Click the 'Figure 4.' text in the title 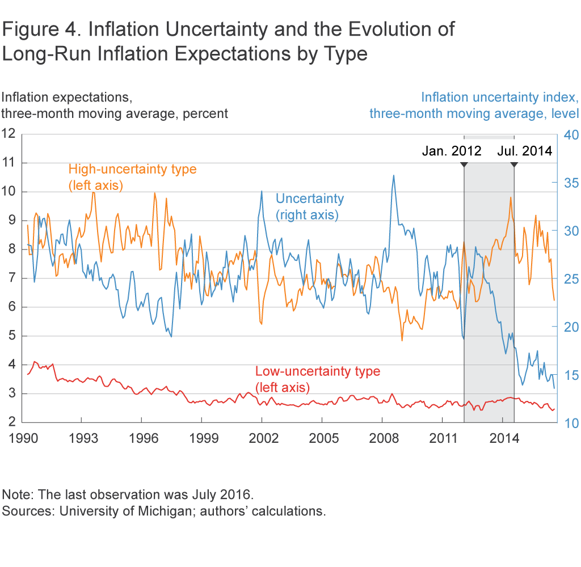[x=39, y=29]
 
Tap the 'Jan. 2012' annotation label [x=452, y=151]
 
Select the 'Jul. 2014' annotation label [x=525, y=151]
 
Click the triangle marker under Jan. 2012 [x=464, y=164]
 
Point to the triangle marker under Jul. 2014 [x=514, y=164]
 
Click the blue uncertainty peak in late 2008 [x=394, y=176]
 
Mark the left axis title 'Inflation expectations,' [x=67, y=97]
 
